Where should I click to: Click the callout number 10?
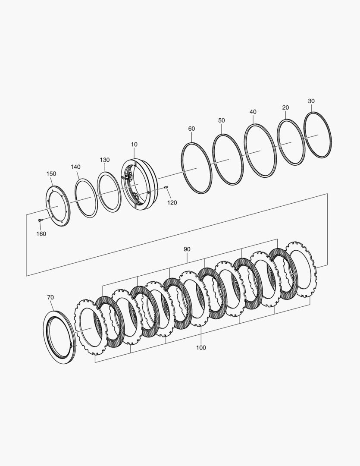pyautogui.click(x=134, y=145)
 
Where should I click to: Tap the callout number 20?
pyautogui.click(x=285, y=107)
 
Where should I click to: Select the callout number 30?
pyautogui.click(x=311, y=101)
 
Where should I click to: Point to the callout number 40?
pyautogui.click(x=253, y=112)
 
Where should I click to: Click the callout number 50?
pyautogui.click(x=222, y=120)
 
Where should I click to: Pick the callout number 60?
pyautogui.click(x=191, y=129)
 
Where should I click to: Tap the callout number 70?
pyautogui.click(x=50, y=297)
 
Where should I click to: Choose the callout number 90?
pyautogui.click(x=187, y=249)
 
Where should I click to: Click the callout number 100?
pyautogui.click(x=201, y=348)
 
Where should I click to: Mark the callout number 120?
pyautogui.click(x=172, y=203)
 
